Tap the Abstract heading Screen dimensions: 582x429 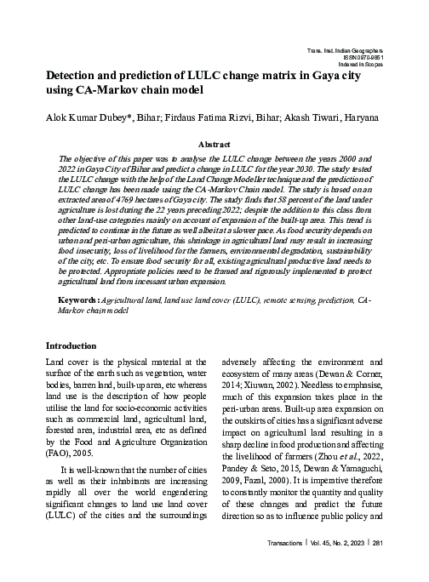214,145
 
